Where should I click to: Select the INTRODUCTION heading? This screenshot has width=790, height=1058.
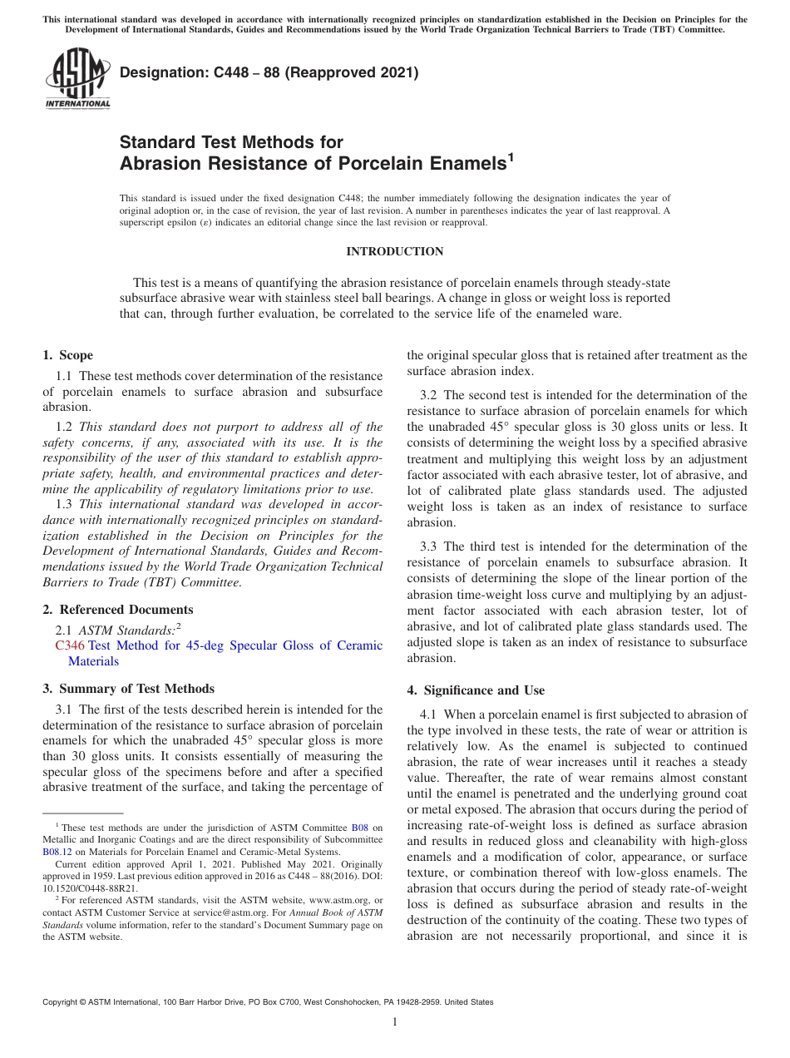tap(394, 251)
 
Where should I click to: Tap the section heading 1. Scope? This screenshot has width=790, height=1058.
tap(68, 355)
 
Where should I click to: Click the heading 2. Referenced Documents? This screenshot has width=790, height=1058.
tap(117, 610)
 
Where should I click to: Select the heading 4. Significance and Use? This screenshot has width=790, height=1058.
tap(476, 690)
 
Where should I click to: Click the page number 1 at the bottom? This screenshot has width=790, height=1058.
tap(395, 1022)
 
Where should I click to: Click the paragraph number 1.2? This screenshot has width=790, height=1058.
tap(64, 427)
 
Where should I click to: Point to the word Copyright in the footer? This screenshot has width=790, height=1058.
tap(64, 1002)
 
